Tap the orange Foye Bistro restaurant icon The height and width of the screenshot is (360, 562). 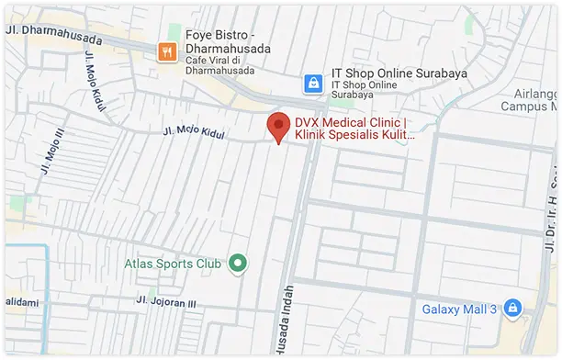pyautogui.click(x=167, y=51)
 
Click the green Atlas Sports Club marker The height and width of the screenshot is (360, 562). pyautogui.click(x=239, y=264)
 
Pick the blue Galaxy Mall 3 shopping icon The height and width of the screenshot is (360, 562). pyautogui.click(x=512, y=308)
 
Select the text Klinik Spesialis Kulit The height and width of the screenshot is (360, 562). pyautogui.click(x=354, y=135)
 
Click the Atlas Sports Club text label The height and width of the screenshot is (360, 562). pyautogui.click(x=174, y=264)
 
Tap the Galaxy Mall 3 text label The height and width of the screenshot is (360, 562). pyautogui.click(x=459, y=309)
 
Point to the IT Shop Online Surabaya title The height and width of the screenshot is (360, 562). pyautogui.click(x=399, y=73)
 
